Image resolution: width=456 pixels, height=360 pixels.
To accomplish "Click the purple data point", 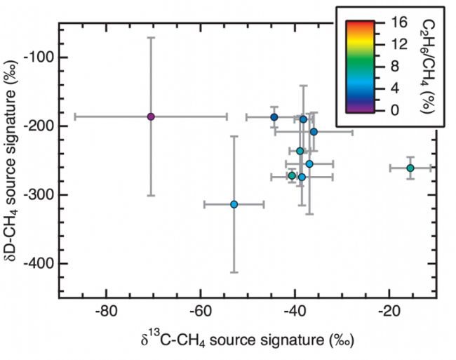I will (151, 116).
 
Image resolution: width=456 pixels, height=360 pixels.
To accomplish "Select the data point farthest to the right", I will (410, 168).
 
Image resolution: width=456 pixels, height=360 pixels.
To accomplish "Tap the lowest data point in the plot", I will (234, 204).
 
